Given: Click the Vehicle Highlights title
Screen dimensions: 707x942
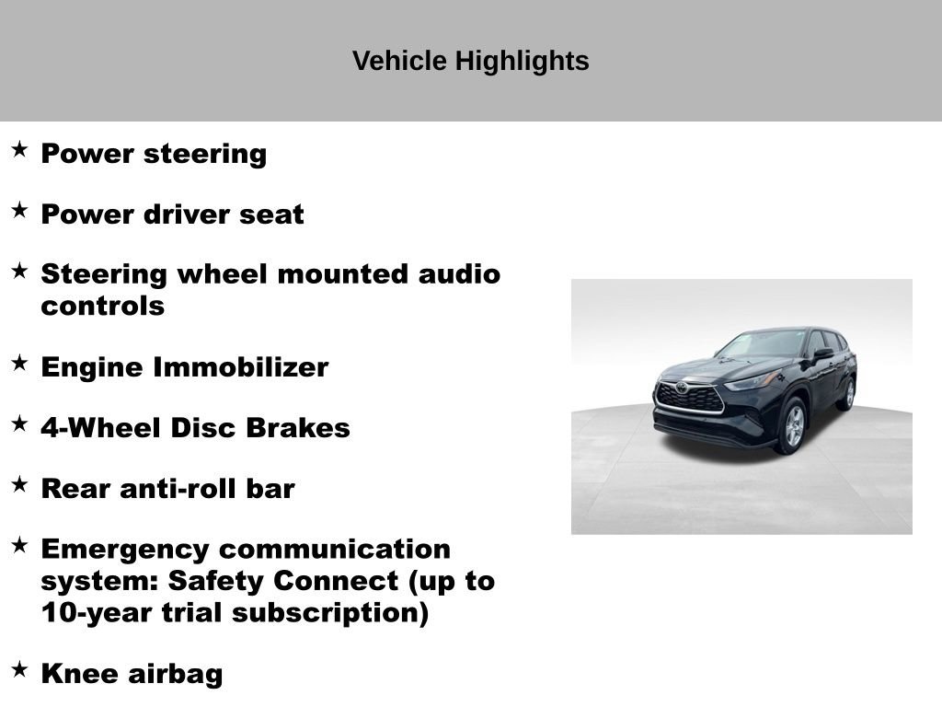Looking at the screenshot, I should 470,61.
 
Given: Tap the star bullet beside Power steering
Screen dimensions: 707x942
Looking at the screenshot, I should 19,149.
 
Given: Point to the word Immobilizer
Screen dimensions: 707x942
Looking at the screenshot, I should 240,367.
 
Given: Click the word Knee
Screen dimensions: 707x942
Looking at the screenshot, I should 79,674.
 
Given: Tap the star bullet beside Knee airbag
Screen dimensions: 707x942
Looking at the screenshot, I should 19,669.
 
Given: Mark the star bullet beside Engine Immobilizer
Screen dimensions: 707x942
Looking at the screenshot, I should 19,363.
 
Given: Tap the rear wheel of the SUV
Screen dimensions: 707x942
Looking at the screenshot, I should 846,393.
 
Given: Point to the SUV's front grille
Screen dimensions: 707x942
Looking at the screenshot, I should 689,397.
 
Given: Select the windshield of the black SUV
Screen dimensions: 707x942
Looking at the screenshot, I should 764,344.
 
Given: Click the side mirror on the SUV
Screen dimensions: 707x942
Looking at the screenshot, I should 821,353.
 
